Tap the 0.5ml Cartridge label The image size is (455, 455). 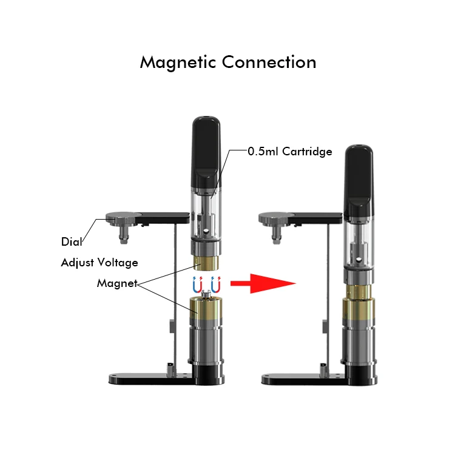click(290, 152)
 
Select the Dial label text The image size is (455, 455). click(71, 241)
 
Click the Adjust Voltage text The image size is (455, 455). click(99, 263)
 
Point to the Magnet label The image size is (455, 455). click(116, 283)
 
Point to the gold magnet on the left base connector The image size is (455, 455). click(207, 309)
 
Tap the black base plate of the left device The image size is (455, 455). click(152, 379)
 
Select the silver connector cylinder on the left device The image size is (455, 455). click(207, 343)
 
